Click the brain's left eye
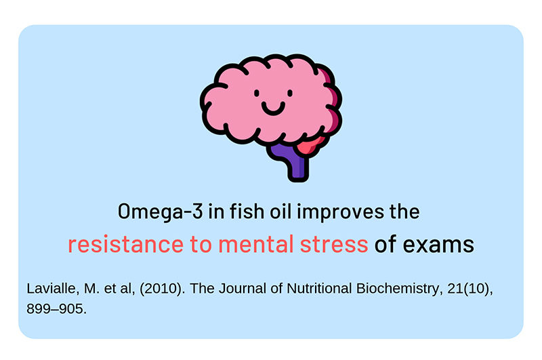(x=257, y=93)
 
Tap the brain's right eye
(x=290, y=93)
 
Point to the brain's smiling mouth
(x=273, y=108)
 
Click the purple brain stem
(x=292, y=161)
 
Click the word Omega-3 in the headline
(x=160, y=212)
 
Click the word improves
(x=340, y=212)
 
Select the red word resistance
(x=125, y=244)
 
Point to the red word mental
(x=256, y=244)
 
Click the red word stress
(x=334, y=245)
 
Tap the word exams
(x=438, y=245)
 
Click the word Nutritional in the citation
(x=319, y=288)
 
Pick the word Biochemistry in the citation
(x=400, y=289)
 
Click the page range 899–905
(x=56, y=309)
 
